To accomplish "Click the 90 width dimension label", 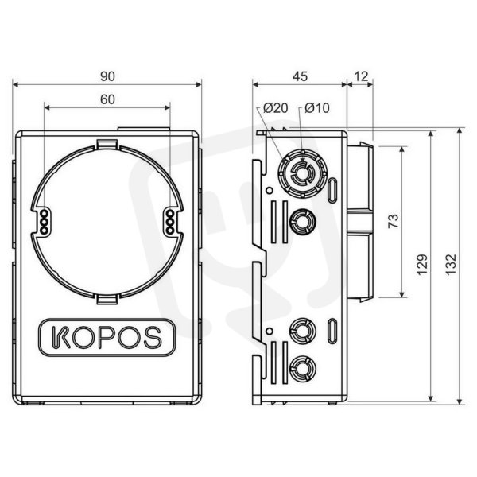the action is (x=107, y=76).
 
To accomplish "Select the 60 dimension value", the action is (x=107, y=99).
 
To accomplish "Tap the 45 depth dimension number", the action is (x=300, y=76).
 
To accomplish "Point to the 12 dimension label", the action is (x=361, y=76).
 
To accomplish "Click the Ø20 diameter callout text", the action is (x=276, y=107).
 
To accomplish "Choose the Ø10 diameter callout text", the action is (x=317, y=107).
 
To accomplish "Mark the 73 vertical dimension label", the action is (x=394, y=221).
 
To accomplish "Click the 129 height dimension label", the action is (x=423, y=265).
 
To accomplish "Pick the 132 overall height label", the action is (x=452, y=264).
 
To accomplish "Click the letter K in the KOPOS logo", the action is (x=60, y=337).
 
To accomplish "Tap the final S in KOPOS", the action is (x=153, y=337).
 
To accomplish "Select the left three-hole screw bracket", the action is (x=44, y=222).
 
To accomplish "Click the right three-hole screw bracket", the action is (x=170, y=222).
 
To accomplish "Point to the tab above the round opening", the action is (x=107, y=144).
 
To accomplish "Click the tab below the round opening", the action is (x=107, y=299).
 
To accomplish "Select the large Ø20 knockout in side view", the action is (x=302, y=173).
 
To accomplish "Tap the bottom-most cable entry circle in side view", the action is (x=302, y=368).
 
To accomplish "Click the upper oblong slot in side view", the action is (x=332, y=190).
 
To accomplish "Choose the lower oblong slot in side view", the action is (x=332, y=331).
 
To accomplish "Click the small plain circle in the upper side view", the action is (x=269, y=191).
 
